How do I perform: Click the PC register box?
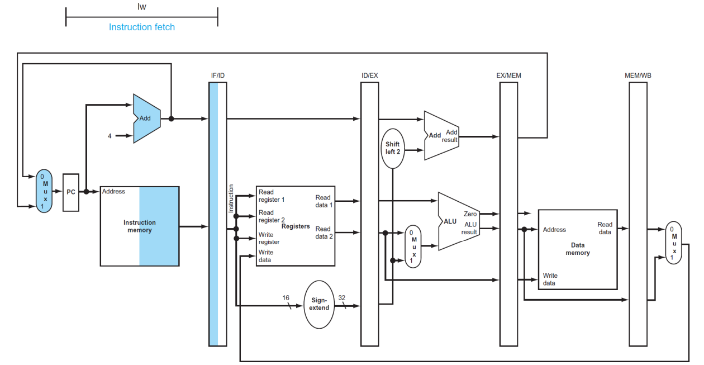(71, 192)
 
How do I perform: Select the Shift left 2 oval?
(393, 148)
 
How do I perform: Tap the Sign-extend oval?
(319, 304)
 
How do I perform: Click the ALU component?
(459, 221)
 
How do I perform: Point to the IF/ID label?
(218, 75)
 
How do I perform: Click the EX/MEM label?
(508, 75)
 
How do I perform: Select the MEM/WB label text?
(638, 75)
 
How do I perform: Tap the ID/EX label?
(370, 75)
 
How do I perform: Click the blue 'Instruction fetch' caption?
(142, 27)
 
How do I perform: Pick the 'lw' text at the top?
(142, 7)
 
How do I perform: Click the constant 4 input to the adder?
(110, 136)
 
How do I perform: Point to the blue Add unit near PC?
(147, 118)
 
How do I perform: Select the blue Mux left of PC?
(44, 191)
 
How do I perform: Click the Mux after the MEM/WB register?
(673, 243)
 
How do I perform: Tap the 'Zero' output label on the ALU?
(470, 214)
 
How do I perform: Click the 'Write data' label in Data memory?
(550, 279)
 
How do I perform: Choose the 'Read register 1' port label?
(272, 196)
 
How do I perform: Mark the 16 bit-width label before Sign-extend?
(286, 298)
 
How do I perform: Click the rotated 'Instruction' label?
(231, 198)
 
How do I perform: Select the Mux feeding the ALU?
(413, 247)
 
